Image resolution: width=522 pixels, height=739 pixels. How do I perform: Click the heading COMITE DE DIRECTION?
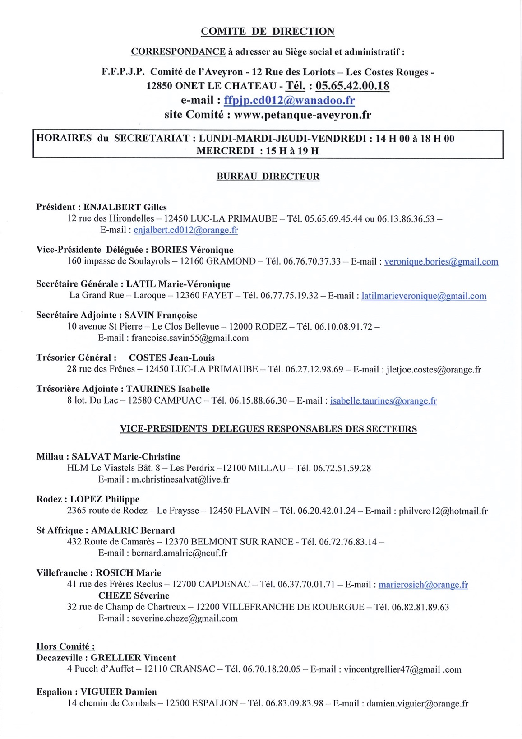268,32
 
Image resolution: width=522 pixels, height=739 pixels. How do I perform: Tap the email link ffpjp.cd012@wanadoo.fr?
289,100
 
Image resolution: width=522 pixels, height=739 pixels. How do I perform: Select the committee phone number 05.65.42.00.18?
352,86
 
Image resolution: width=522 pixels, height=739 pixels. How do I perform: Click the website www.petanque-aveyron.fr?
302,115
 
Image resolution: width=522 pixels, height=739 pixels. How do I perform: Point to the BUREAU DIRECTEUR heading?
268,177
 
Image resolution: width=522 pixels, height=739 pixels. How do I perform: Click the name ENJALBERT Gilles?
125,207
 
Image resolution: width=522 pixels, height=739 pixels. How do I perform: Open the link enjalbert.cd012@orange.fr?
185,230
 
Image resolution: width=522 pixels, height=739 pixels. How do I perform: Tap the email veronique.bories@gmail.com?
441,262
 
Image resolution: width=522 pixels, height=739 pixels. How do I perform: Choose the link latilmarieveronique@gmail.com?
424,296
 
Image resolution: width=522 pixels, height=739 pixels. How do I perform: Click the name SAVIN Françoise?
161,315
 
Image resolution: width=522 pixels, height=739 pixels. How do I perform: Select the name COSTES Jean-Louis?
172,358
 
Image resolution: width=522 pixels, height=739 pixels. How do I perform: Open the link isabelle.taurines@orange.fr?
383,401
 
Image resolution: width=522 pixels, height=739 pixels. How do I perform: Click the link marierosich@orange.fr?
423,585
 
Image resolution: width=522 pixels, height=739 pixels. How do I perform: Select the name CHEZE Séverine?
134,595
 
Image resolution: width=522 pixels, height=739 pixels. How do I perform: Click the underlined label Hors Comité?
65,646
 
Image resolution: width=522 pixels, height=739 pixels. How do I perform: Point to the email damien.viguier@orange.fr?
417,703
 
